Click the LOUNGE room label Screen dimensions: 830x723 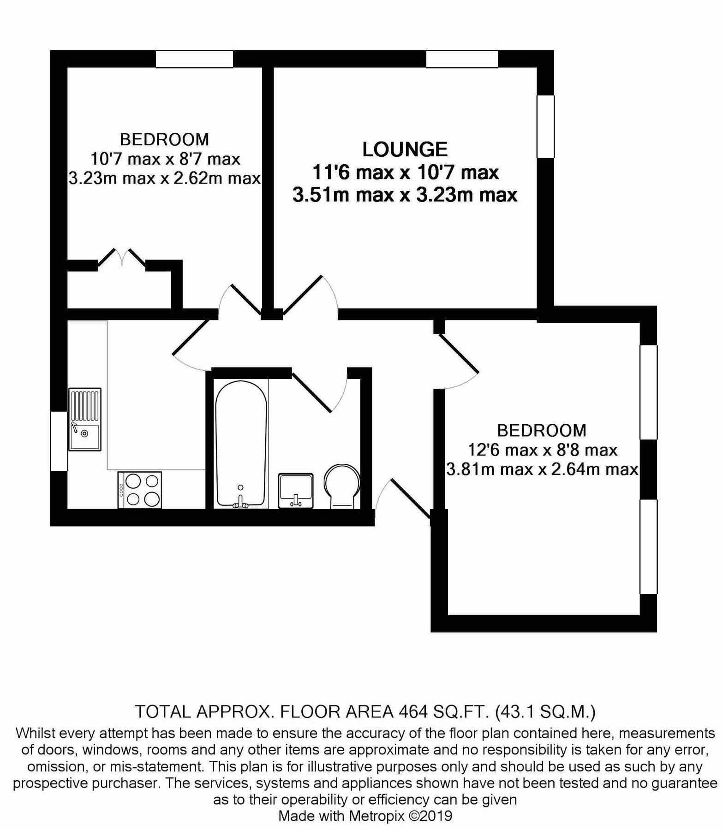405,149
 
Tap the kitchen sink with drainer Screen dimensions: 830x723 85,419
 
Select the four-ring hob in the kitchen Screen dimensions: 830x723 140,490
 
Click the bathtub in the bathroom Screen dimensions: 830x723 241,444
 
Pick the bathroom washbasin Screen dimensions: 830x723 296,491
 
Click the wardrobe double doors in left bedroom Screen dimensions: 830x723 122,258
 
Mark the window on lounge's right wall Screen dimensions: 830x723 545,126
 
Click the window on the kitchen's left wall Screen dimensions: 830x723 59,441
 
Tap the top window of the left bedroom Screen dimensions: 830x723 194,59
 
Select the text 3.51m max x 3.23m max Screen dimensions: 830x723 405,195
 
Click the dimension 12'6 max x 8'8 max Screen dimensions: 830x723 543,450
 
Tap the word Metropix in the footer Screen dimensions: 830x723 376,816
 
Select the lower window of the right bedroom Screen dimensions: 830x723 648,546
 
